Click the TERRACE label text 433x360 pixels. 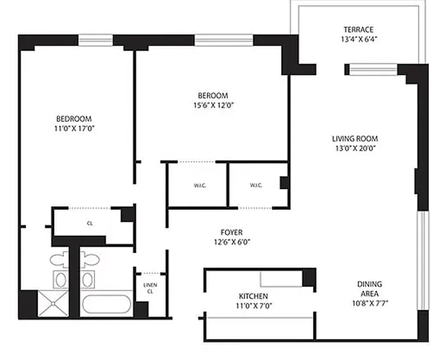358,30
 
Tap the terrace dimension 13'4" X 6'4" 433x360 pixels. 358,39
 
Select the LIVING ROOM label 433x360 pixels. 355,139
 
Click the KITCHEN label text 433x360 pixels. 253,296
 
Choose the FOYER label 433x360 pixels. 232,232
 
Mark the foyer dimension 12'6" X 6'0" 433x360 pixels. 232,241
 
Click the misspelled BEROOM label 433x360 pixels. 213,95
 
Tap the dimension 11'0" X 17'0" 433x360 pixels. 74,128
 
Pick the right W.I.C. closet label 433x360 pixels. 256,185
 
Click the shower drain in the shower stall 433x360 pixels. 53,304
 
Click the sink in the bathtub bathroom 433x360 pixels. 87,280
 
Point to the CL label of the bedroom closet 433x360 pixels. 90,223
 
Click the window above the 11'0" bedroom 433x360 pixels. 96,40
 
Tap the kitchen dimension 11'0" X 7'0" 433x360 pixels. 253,305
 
